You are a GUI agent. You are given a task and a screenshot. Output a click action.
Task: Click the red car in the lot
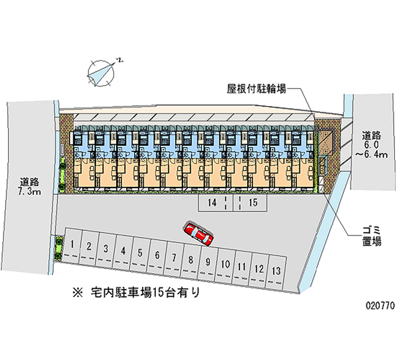click(198, 234)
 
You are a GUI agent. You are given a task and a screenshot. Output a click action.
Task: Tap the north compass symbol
click(102, 72)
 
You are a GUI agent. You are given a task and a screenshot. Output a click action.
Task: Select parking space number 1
click(72, 244)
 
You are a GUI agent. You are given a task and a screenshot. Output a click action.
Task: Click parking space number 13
click(276, 270)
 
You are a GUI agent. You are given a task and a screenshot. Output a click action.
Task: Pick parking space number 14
click(212, 202)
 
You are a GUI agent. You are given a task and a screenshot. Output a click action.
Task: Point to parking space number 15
click(253, 202)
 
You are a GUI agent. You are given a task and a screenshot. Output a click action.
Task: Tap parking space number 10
click(224, 264)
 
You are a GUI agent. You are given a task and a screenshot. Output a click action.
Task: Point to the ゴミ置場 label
click(371, 236)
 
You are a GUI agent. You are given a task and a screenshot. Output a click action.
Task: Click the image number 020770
click(377, 307)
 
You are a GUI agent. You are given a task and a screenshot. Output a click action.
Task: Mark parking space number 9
click(208, 262)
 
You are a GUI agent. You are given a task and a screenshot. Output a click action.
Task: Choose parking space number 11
click(242, 266)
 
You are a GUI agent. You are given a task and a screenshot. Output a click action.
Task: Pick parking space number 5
click(140, 253)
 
